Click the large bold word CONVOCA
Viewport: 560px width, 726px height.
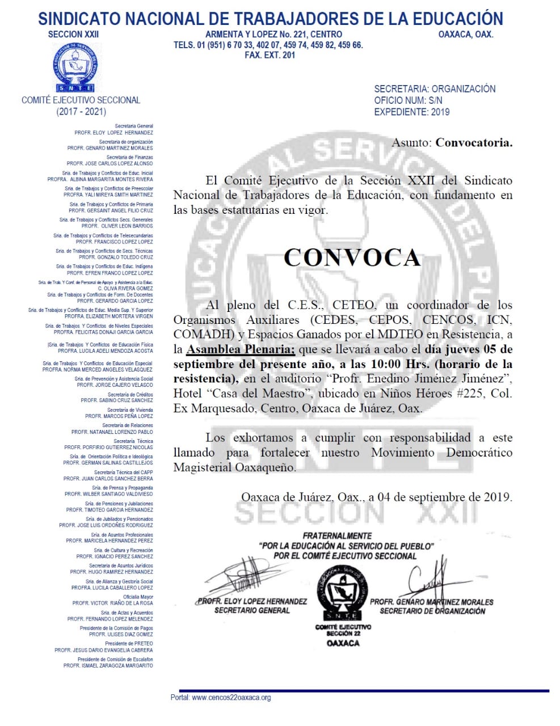tap(352, 258)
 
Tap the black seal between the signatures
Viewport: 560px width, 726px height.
tap(343, 592)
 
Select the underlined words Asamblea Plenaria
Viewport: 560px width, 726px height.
tap(241, 349)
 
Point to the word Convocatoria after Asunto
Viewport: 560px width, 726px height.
tap(474, 142)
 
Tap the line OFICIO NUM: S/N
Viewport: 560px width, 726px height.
tap(408, 100)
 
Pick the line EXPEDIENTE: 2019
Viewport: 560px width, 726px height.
tap(411, 112)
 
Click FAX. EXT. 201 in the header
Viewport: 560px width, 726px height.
tap(270, 55)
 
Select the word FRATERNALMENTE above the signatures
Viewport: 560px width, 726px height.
tap(337, 535)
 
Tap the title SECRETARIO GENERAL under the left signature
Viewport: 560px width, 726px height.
tap(252, 610)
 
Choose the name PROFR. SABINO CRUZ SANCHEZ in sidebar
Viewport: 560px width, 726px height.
tap(117, 400)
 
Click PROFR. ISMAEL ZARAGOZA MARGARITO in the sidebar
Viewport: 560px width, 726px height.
tap(108, 665)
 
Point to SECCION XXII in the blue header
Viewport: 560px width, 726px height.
tap(73, 35)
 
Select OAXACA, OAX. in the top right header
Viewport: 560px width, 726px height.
tap(465, 35)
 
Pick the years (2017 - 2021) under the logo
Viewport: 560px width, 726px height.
tap(81, 112)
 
